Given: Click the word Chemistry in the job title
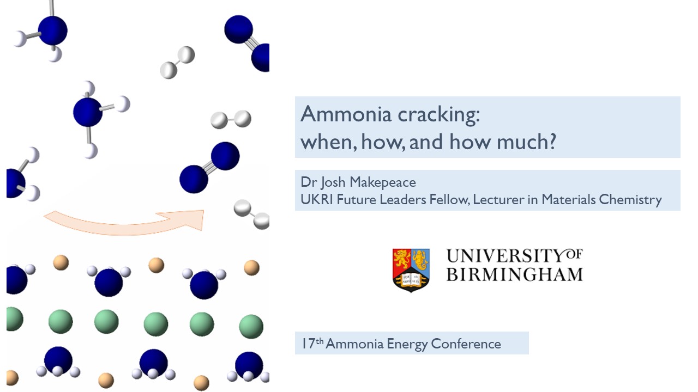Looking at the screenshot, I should [630, 200].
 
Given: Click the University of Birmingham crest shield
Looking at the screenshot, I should [411, 269].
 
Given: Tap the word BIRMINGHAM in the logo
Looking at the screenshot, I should [514, 273].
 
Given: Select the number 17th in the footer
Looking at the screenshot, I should [312, 344].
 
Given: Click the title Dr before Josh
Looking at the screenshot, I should [308, 182].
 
